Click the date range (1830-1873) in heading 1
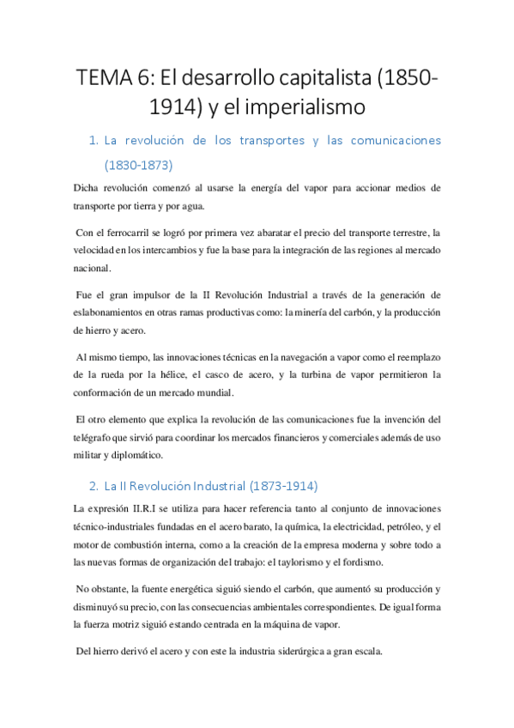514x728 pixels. click(x=138, y=163)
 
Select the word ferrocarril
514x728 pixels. click(x=127, y=233)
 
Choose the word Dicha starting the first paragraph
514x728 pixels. click(x=88, y=187)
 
